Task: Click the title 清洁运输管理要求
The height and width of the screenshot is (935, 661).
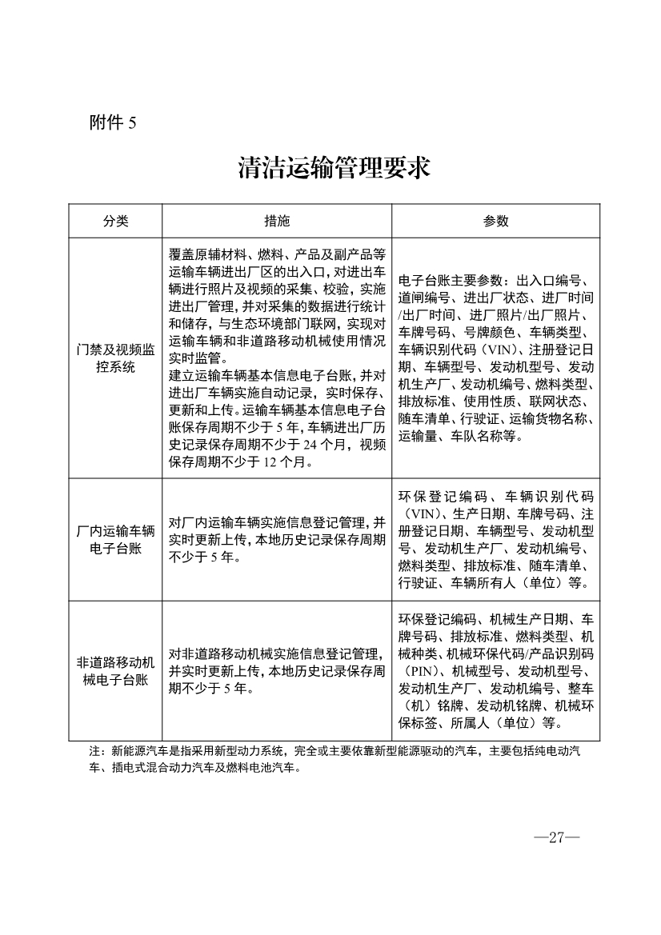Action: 334,168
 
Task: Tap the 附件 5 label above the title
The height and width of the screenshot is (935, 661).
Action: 114,122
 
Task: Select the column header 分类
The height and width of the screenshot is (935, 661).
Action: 115,222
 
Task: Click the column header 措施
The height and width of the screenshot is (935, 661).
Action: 277,222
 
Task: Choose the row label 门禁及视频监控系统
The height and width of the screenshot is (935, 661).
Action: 115,358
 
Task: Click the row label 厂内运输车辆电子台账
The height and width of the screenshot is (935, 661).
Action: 115,540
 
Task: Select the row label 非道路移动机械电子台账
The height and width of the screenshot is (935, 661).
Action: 115,671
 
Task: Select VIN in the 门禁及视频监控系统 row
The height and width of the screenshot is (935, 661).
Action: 503,350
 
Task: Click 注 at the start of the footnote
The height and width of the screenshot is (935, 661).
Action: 94,752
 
